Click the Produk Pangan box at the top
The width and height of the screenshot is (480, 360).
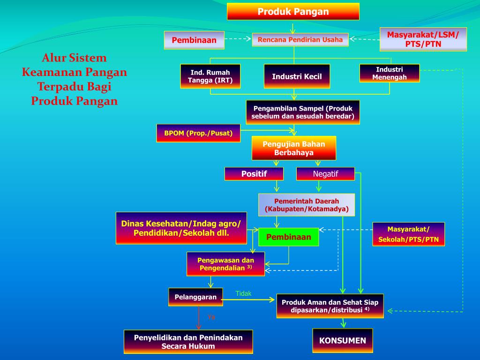pyautogui.click(x=293, y=12)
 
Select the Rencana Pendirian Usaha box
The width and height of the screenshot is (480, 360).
pyautogui.click(x=300, y=40)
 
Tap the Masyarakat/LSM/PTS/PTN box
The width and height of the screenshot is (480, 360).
pyautogui.click(x=423, y=39)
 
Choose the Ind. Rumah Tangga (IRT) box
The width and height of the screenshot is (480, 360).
pyautogui.click(x=210, y=76)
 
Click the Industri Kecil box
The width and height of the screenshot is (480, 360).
pyautogui.click(x=297, y=76)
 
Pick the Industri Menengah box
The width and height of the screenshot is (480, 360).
pyautogui.click(x=390, y=73)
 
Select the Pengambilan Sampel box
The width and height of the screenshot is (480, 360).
pyautogui.click(x=303, y=112)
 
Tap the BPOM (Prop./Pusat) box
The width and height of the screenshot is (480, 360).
pyautogui.click(x=198, y=133)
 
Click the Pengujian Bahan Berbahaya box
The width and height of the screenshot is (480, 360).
pyautogui.click(x=294, y=148)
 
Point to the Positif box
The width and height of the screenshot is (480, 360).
pyautogui.click(x=254, y=174)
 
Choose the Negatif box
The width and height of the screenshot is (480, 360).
pyautogui.click(x=325, y=174)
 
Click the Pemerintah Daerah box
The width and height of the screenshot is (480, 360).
pyautogui.click(x=307, y=205)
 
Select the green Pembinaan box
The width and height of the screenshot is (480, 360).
pyautogui.click(x=288, y=237)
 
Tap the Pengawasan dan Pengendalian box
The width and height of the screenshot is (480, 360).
pyautogui.click(x=225, y=264)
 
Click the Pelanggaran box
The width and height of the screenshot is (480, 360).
pyautogui.click(x=195, y=297)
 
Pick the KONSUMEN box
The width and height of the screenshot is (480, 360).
pyautogui.click(x=343, y=341)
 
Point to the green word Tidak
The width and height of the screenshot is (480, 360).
pyautogui.click(x=243, y=293)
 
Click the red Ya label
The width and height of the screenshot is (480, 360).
pyautogui.click(x=211, y=317)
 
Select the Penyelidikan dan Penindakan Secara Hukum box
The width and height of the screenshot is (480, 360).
pyautogui.click(x=188, y=342)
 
